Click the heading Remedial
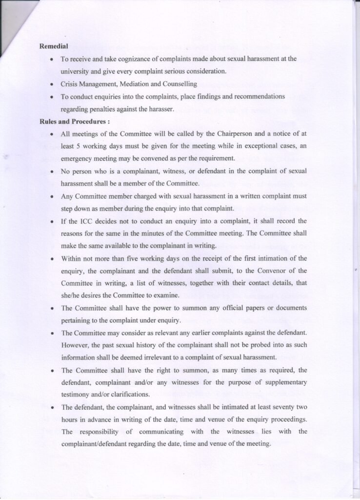click(53, 46)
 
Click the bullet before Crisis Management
click(52, 84)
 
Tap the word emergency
click(79, 159)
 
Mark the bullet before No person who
click(52, 171)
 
